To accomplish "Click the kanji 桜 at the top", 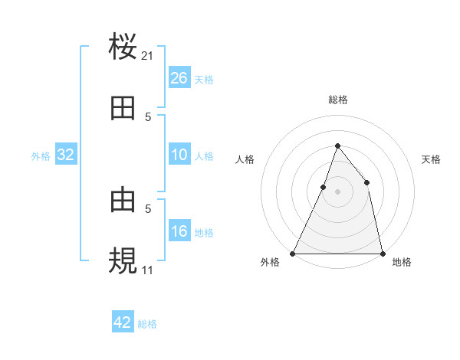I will pyautogui.click(x=123, y=46).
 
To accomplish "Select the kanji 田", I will pyautogui.click(x=123, y=109).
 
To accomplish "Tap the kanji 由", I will pyautogui.click(x=123, y=201).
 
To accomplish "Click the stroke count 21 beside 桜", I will pyautogui.click(x=148, y=55).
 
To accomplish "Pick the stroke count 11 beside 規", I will pyautogui.click(x=148, y=270).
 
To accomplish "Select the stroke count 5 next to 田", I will pyautogui.click(x=148, y=116).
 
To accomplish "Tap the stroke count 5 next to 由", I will pyautogui.click(x=148, y=208).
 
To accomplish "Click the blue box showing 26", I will pyautogui.click(x=179, y=78).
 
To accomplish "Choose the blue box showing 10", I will pyautogui.click(x=179, y=155).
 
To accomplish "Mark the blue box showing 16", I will pyautogui.click(x=179, y=231).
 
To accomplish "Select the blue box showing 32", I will pyautogui.click(x=66, y=155).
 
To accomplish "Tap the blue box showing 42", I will pyautogui.click(x=123, y=322).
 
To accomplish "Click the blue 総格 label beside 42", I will pyautogui.click(x=147, y=324).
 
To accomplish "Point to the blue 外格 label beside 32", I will pyautogui.click(x=41, y=156).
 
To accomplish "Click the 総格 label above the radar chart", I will pyautogui.click(x=337, y=100).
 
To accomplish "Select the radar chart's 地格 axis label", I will pyautogui.click(x=402, y=263).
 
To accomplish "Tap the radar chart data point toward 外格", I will pyautogui.click(x=293, y=253).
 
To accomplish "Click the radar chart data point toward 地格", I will pyautogui.click(x=382, y=253).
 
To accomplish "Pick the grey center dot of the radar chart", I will pyautogui.click(x=337, y=191).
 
